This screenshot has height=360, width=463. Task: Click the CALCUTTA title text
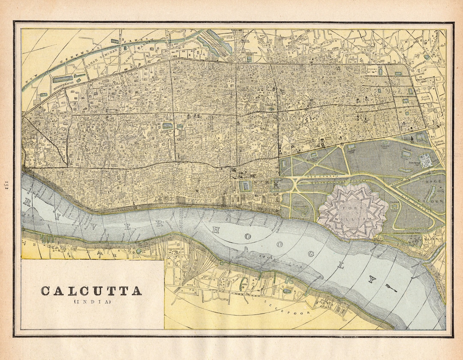click(91, 291)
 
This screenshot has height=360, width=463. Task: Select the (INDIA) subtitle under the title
click(92, 302)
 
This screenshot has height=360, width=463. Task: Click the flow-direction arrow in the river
click(390, 287)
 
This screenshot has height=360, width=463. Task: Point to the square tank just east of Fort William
click(394, 206)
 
